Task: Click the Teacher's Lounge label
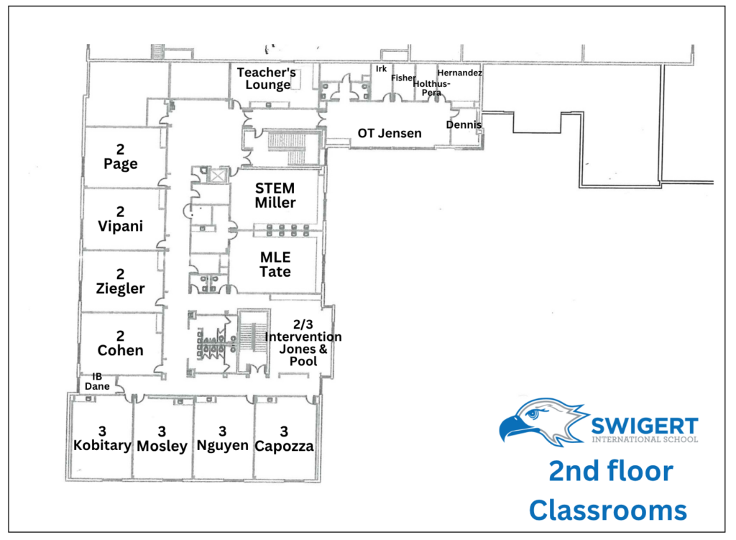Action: (267, 78)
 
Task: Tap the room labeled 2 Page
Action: (121, 156)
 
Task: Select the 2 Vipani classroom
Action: (121, 219)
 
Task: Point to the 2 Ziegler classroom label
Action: (121, 281)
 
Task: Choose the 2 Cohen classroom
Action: (121, 343)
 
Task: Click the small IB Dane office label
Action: (97, 381)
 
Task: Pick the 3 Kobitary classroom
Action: (102, 438)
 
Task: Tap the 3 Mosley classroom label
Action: (162, 439)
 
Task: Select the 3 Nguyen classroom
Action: (223, 438)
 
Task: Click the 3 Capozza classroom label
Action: (284, 439)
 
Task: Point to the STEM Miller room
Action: (275, 196)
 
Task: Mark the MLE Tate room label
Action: (275, 265)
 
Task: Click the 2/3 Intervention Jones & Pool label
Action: (303, 343)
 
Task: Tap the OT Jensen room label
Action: (390, 133)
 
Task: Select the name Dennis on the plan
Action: (464, 124)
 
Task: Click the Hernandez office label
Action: (459, 73)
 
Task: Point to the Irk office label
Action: (381, 69)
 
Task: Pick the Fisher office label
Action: (404, 78)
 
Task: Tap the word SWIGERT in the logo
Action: (645, 426)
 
